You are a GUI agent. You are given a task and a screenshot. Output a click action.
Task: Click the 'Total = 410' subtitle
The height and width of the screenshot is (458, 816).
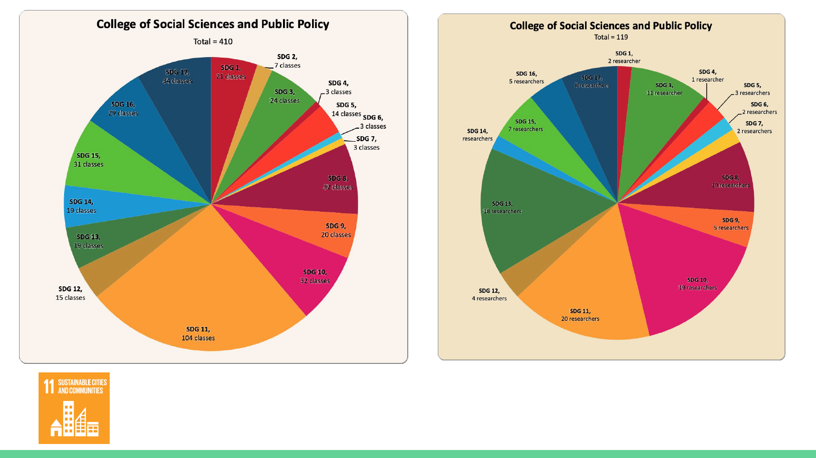coord(213,42)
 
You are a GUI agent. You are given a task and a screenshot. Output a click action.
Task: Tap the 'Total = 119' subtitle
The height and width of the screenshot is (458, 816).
coord(611,37)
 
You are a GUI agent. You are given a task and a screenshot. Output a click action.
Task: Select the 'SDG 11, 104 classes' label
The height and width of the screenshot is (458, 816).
coord(198,334)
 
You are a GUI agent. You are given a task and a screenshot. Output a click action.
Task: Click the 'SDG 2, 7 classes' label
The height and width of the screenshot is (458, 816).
coord(288,61)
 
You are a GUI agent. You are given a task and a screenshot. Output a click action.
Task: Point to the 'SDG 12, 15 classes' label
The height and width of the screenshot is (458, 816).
coord(70,293)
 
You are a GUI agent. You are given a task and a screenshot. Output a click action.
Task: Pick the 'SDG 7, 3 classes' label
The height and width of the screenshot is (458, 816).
coord(367,143)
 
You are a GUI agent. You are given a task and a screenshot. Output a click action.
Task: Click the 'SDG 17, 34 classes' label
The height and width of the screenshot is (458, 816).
coord(177,77)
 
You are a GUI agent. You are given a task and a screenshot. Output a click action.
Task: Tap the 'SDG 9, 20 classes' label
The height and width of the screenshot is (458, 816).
coord(336,230)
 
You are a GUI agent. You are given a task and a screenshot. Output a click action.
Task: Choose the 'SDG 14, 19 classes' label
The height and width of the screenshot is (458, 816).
coord(81,206)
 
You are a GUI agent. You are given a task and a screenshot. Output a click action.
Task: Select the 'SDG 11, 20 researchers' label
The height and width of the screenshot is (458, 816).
coord(580,315)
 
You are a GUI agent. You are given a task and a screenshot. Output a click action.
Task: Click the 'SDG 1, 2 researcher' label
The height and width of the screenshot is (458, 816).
coord(624,57)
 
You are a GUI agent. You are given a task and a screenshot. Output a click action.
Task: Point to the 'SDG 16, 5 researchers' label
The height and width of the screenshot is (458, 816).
coord(526,78)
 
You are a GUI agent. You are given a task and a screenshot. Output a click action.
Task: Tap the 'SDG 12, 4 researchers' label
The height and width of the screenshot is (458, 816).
coord(489,294)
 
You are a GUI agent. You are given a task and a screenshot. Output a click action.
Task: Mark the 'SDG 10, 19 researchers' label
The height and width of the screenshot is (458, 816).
coord(697,284)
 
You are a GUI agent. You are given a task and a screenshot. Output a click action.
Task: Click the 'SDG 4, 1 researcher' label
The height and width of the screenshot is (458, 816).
coord(708,76)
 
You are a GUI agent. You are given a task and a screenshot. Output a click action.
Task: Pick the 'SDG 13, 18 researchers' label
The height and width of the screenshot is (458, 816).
coord(502,207)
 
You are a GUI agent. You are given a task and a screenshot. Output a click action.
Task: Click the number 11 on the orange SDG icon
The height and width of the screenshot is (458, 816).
coord(49,386)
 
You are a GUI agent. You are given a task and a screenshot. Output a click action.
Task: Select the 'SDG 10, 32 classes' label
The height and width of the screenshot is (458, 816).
coord(315,276)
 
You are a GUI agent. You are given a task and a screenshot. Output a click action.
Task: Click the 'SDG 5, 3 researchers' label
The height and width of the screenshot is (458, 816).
coord(752,89)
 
